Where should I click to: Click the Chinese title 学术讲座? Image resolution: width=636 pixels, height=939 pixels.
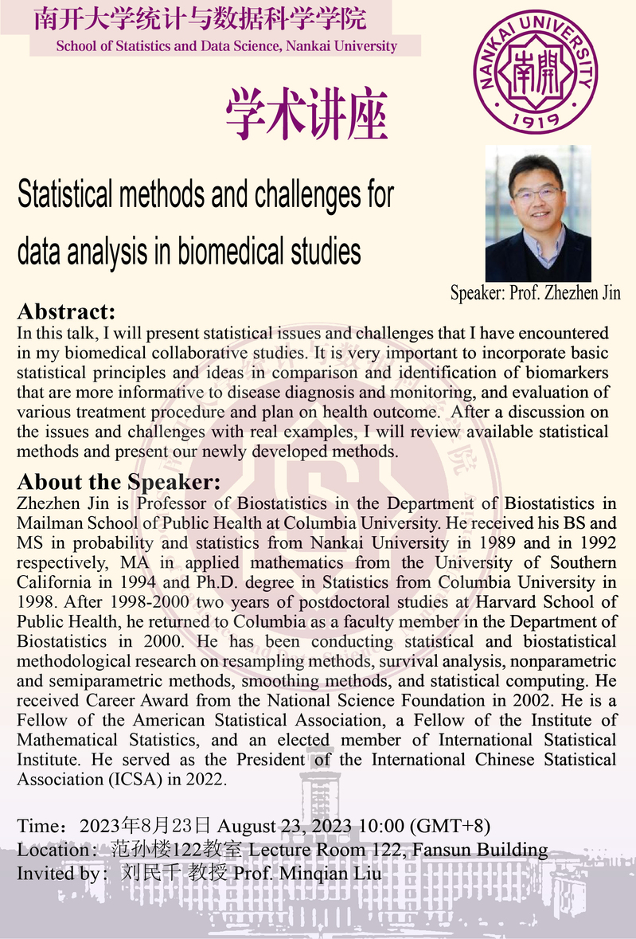click(306, 114)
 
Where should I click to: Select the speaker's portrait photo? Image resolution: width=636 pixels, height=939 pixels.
click(537, 213)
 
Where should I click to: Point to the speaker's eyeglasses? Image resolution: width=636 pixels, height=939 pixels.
click(536, 194)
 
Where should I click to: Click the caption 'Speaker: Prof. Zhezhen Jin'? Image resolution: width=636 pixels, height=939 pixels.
click(535, 292)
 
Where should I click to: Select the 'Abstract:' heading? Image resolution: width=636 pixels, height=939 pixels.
click(66, 311)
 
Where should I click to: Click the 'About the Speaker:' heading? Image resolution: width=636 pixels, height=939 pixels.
click(119, 483)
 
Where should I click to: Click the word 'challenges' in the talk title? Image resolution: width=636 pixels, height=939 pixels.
click(310, 194)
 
